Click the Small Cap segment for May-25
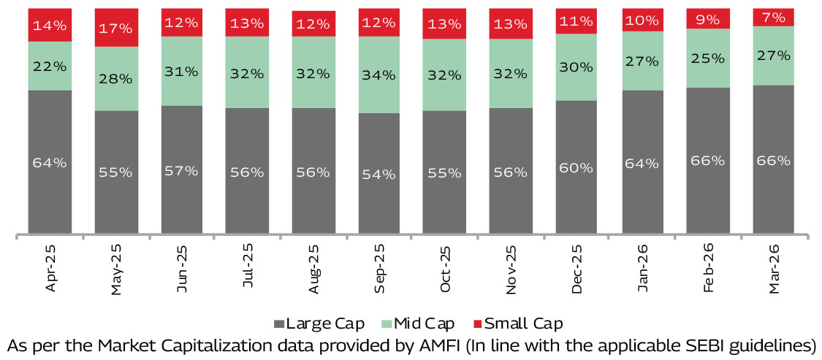click(116, 28)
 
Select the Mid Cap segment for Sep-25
click(379, 74)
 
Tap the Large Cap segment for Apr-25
click(50, 162)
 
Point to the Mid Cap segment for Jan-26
click(642, 61)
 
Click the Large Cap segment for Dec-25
click(576, 167)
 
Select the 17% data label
click(116, 28)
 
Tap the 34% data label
click(379, 74)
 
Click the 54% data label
click(379, 175)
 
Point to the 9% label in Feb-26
click(708, 19)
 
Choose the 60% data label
click(576, 167)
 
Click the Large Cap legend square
click(279, 323)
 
